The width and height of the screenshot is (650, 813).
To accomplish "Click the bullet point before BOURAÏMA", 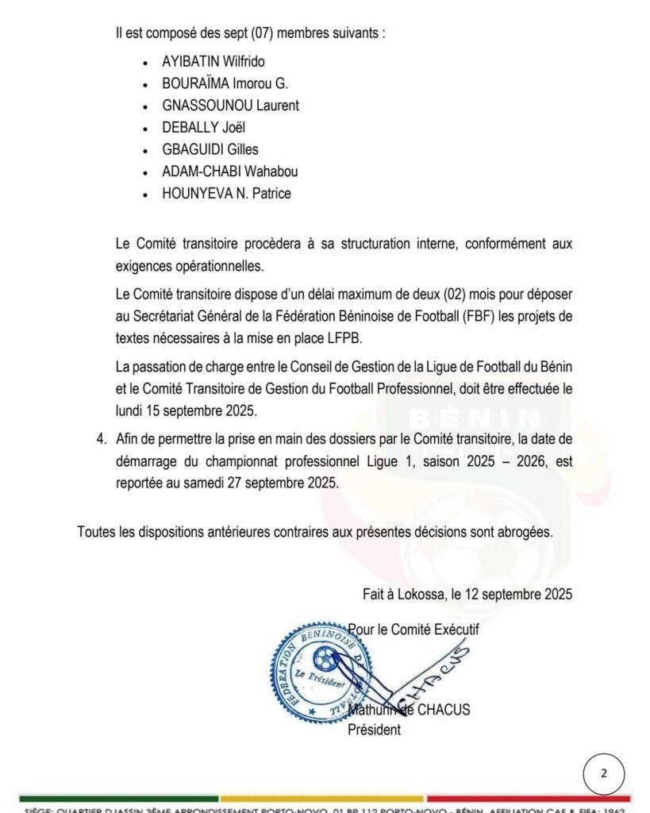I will coord(144,84).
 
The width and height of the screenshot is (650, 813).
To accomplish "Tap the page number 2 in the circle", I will coord(604,774).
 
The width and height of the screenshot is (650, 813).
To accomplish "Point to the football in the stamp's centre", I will coord(325,657).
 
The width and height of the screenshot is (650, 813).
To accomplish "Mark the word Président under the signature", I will coord(375,730).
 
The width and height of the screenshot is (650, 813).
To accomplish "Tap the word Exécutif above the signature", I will coord(452,630).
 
